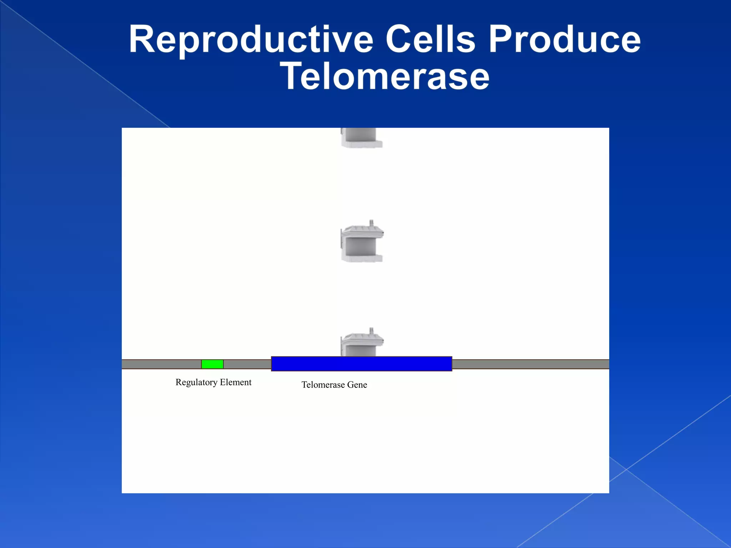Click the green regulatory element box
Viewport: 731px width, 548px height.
pyautogui.click(x=212, y=364)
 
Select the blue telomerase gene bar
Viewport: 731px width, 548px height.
pyautogui.click(x=361, y=364)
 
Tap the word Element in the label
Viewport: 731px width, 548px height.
pyautogui.click(x=236, y=382)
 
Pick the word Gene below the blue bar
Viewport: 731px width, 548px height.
pyautogui.click(x=357, y=385)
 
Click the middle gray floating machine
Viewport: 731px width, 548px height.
pyautogui.click(x=362, y=244)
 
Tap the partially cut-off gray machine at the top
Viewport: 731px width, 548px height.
pyautogui.click(x=361, y=138)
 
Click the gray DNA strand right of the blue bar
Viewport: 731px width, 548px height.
pyautogui.click(x=530, y=364)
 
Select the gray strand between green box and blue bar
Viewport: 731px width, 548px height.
pyautogui.click(x=247, y=364)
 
